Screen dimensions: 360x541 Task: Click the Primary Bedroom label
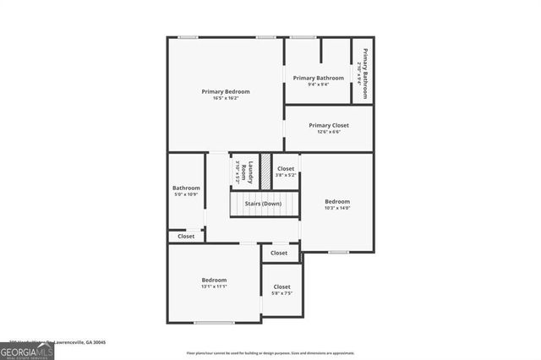click(224, 91)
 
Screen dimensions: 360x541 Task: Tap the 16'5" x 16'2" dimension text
click(224, 98)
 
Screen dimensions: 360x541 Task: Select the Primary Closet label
click(329, 125)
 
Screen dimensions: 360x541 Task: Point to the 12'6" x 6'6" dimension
click(329, 132)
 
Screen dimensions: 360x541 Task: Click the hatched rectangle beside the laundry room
click(265, 171)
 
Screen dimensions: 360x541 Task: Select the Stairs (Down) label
click(263, 204)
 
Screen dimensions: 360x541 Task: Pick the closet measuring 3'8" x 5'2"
click(286, 172)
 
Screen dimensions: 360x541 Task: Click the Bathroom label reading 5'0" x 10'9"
click(186, 191)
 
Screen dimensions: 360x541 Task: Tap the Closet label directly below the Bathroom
click(186, 237)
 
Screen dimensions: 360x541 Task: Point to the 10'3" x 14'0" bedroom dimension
click(337, 208)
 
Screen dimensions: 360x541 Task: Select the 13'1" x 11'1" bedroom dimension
click(214, 286)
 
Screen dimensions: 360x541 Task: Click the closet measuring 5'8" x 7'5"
click(281, 291)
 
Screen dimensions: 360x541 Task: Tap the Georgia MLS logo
click(27, 351)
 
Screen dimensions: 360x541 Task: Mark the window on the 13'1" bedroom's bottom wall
click(214, 323)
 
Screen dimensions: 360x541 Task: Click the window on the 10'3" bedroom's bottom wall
click(338, 252)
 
